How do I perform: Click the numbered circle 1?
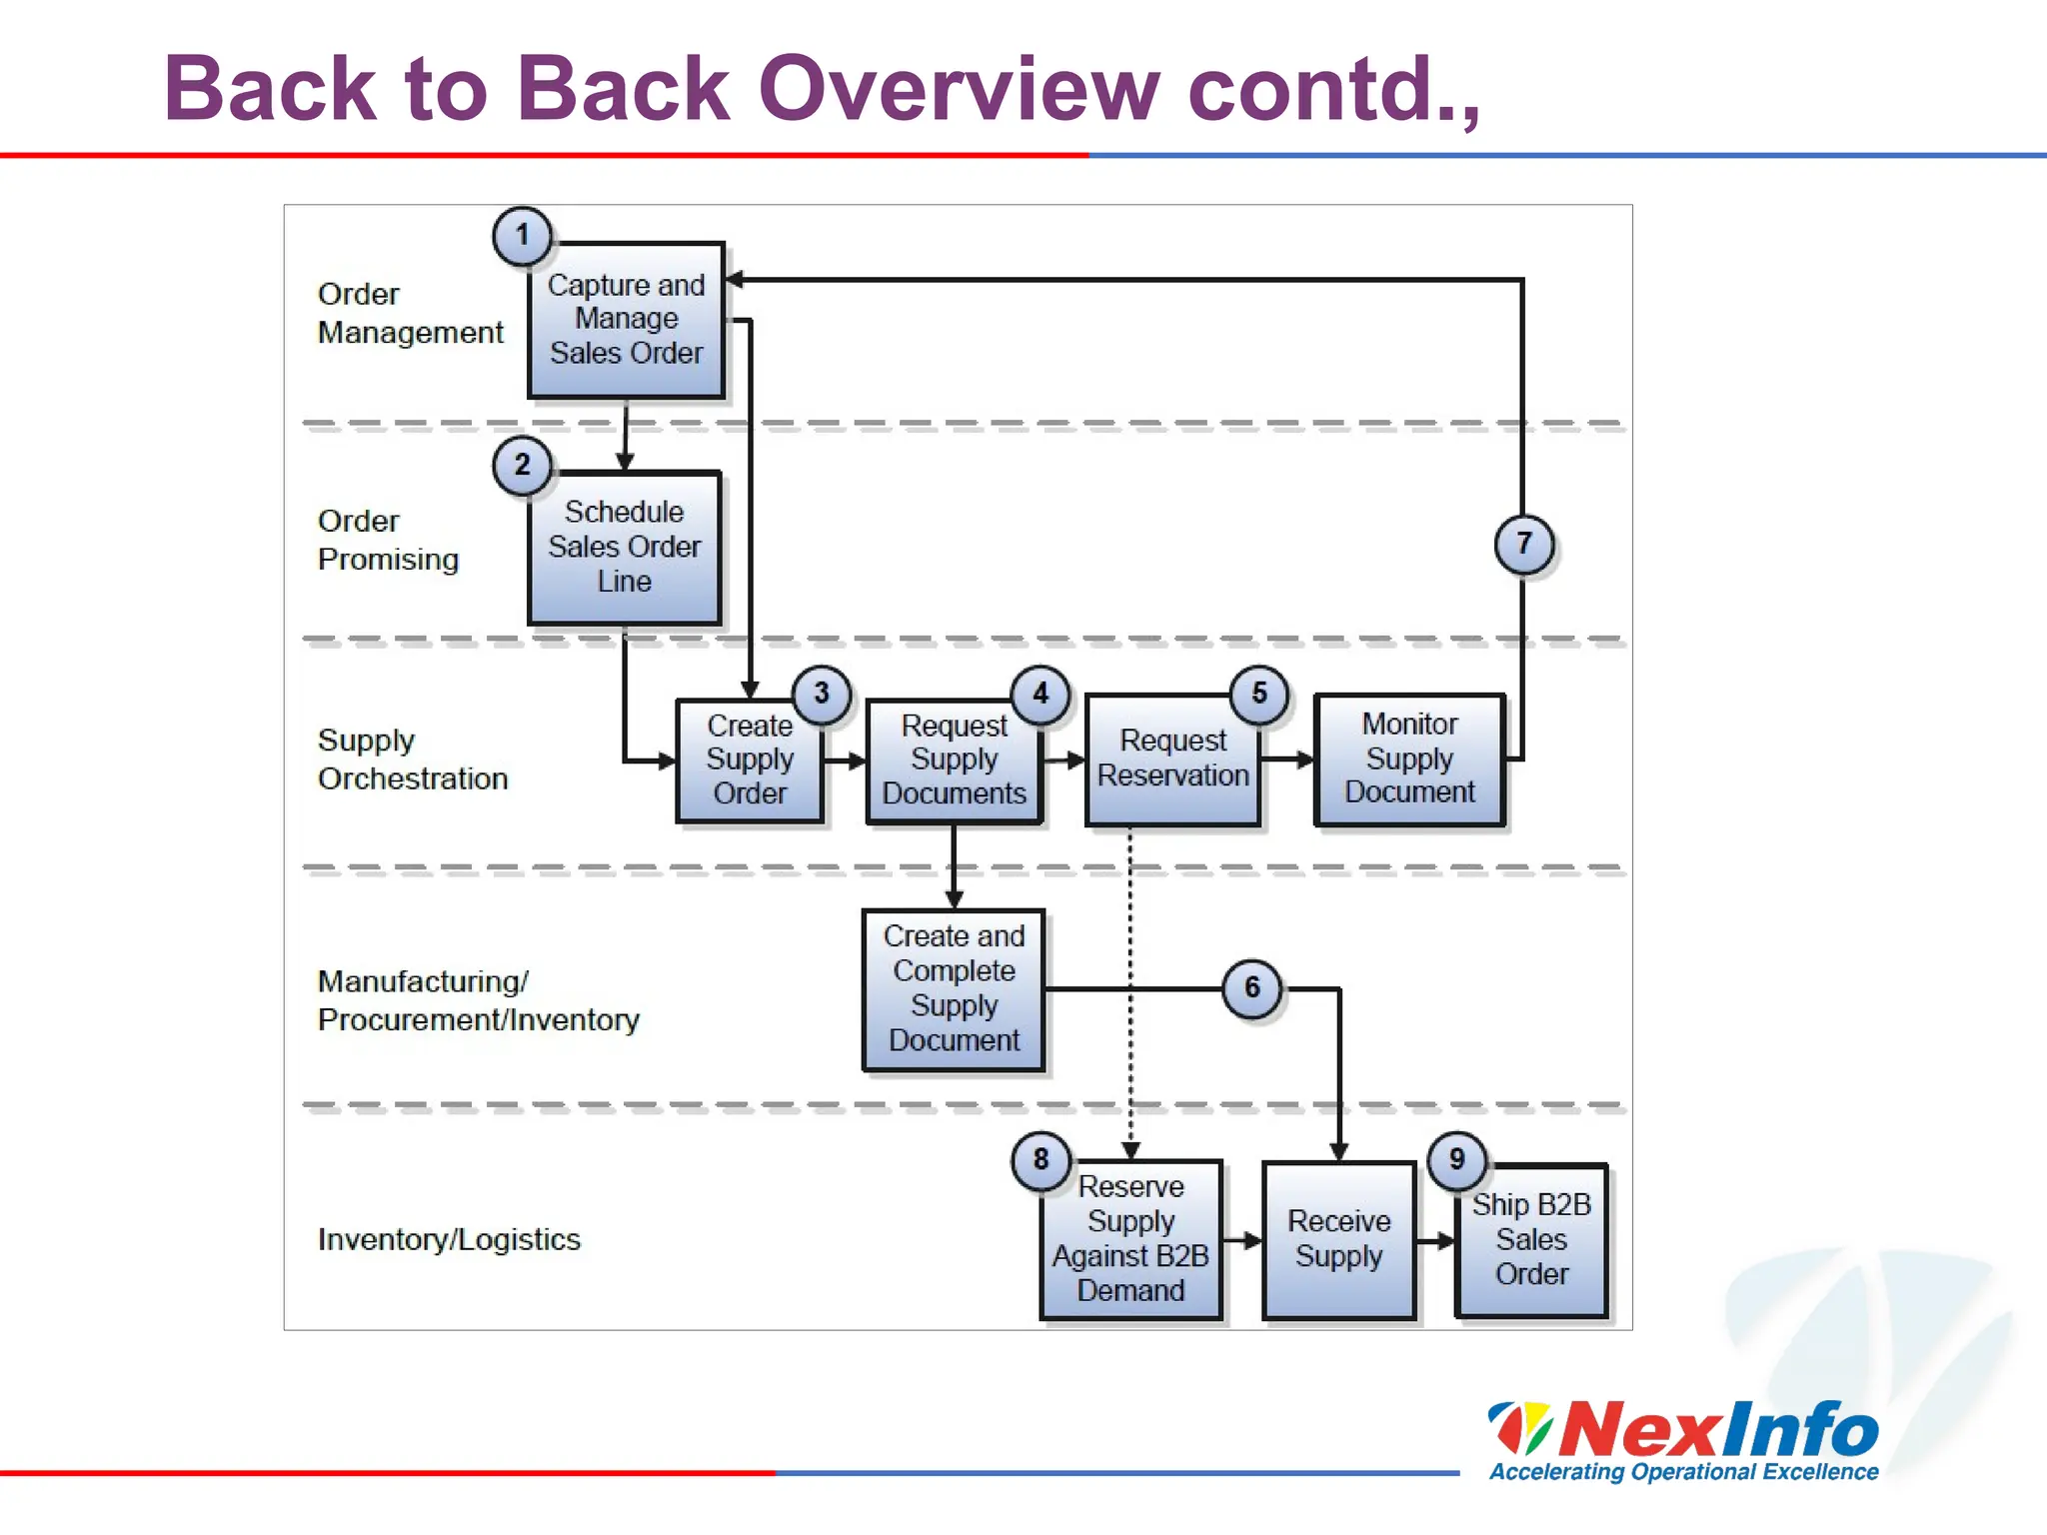(522, 236)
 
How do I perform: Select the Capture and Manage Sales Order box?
(627, 320)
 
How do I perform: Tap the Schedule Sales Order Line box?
(625, 548)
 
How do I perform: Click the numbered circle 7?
(1523, 544)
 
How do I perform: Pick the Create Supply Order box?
(750, 760)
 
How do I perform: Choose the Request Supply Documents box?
(954, 760)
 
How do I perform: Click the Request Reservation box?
(1172, 760)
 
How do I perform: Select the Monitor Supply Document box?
(1409, 759)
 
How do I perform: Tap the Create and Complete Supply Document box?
(954, 988)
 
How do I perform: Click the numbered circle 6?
(1252, 988)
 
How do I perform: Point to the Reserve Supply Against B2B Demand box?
(1130, 1239)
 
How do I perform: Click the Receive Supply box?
(1339, 1239)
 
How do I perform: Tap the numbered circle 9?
(1457, 1159)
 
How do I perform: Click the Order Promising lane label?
(388, 541)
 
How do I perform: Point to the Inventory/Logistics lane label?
(449, 1240)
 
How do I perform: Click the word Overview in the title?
(960, 90)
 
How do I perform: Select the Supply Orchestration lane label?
(412, 760)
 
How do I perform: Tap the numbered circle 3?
(822, 694)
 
